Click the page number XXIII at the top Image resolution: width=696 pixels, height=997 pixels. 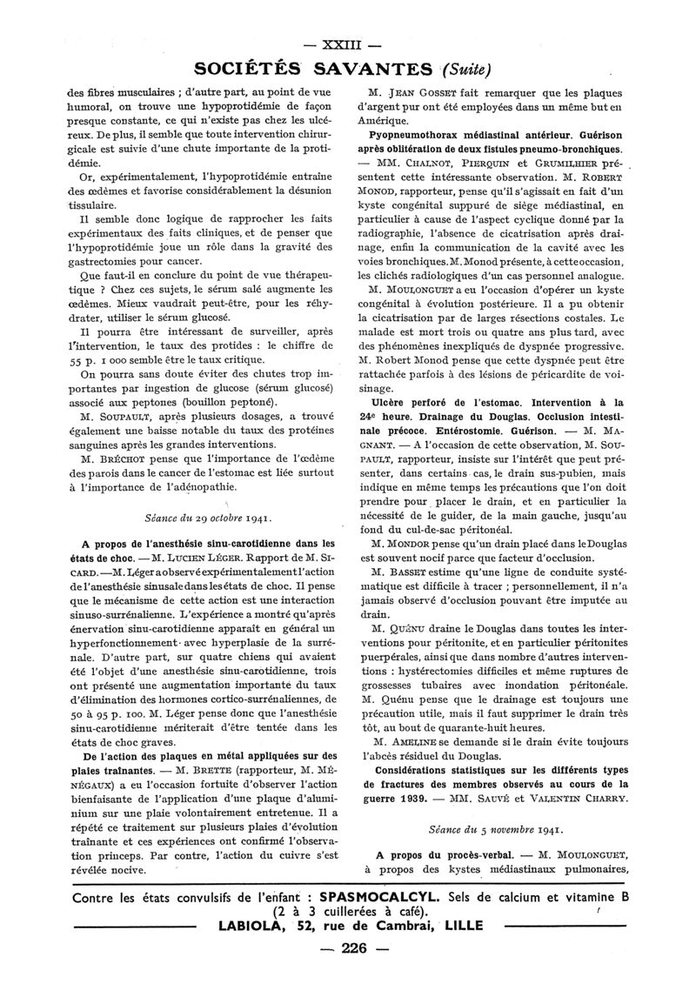click(x=347, y=45)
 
